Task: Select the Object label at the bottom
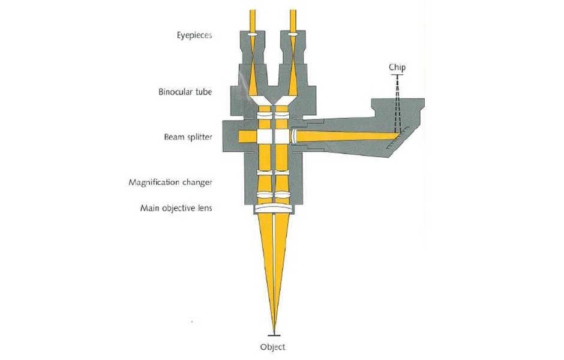pyautogui.click(x=272, y=347)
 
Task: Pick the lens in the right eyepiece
pyautogui.click(x=293, y=36)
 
